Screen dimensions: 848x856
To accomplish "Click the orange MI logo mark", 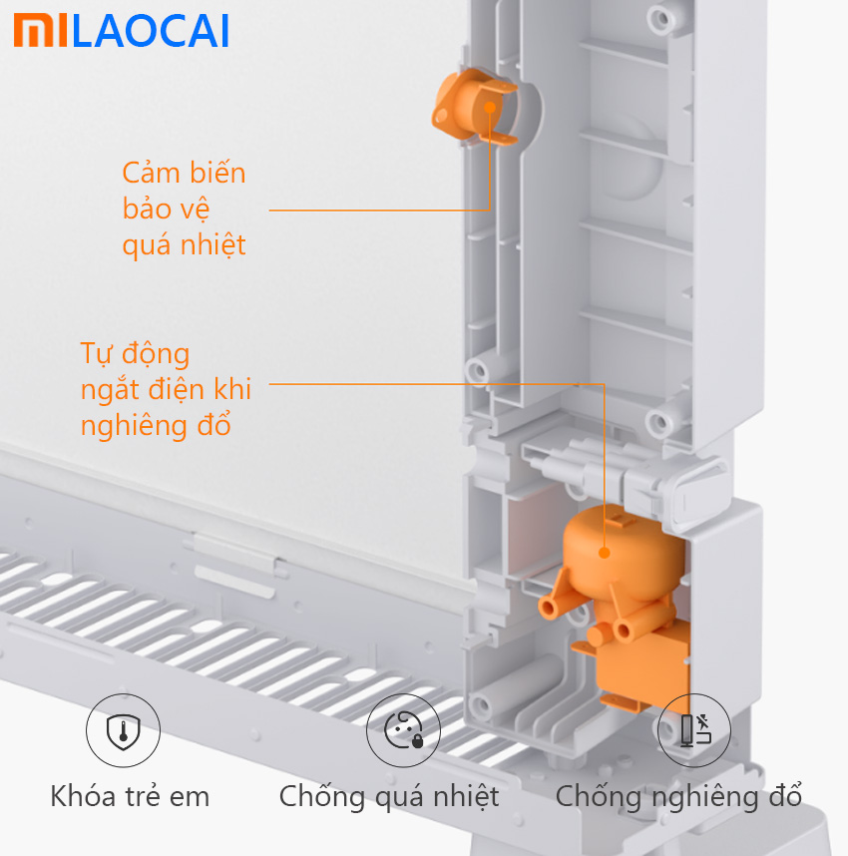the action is tap(41, 31).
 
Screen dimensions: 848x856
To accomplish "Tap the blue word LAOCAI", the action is tap(151, 31).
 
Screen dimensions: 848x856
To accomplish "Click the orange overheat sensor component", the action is tap(474, 107).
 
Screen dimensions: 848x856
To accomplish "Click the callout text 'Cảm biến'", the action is tap(184, 173).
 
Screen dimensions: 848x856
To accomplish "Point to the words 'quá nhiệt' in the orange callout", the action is tap(184, 245).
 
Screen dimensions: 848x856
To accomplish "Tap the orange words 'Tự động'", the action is tap(135, 354).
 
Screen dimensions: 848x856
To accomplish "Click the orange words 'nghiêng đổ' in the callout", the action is tap(156, 426).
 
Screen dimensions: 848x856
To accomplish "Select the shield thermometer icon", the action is tap(123, 730).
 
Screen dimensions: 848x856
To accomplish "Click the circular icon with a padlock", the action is tap(403, 730).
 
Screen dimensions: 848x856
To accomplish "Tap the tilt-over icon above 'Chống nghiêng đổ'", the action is tap(694, 730).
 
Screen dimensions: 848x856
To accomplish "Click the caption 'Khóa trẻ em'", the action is tap(130, 796).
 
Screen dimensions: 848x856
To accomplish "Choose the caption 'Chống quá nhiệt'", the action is tap(389, 797).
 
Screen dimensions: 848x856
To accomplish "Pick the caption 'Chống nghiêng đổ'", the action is tap(678, 797).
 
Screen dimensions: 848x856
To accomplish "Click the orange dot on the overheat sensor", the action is tap(490, 108).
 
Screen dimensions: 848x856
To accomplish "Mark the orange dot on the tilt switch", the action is tap(604, 553).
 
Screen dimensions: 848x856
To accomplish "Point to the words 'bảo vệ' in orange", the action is tap(166, 210).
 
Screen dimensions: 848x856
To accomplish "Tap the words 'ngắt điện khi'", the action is tap(166, 390).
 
